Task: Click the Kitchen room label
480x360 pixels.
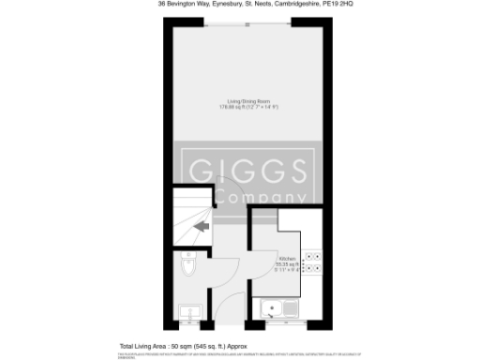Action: click(287, 258)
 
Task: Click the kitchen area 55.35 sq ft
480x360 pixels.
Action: click(286, 264)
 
